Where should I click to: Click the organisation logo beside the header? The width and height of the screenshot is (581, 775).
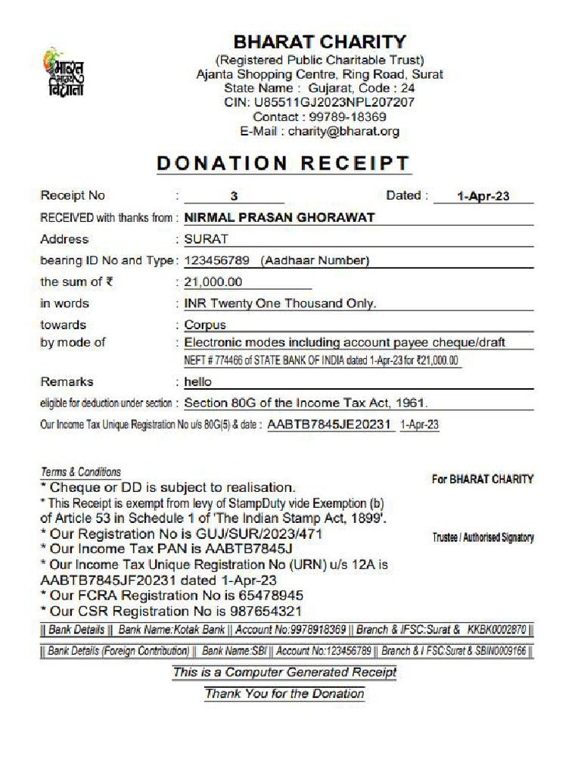[64, 73]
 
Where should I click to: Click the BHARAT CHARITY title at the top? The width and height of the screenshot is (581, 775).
[319, 42]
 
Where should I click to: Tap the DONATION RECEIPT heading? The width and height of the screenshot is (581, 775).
[284, 163]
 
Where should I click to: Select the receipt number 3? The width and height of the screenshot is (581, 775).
[235, 196]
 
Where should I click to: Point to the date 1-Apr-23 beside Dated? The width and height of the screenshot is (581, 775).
[483, 196]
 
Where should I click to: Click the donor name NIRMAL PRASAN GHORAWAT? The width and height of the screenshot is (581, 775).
[280, 218]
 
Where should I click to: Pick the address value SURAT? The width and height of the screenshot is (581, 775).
[207, 239]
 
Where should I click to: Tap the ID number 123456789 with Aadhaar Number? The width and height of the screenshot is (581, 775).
[277, 261]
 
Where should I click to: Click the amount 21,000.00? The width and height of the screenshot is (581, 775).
[213, 282]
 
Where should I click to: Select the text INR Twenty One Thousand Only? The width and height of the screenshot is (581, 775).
[280, 303]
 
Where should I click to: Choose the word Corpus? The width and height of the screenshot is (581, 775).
[205, 325]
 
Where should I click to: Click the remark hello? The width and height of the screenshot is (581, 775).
[198, 382]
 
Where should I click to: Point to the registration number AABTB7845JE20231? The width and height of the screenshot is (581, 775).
[330, 425]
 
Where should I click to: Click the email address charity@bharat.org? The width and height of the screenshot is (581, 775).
[343, 132]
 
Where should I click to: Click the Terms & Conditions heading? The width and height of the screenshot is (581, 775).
[80, 472]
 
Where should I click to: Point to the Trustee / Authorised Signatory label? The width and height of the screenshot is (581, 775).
[483, 537]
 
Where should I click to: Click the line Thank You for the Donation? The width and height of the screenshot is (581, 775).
[284, 693]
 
